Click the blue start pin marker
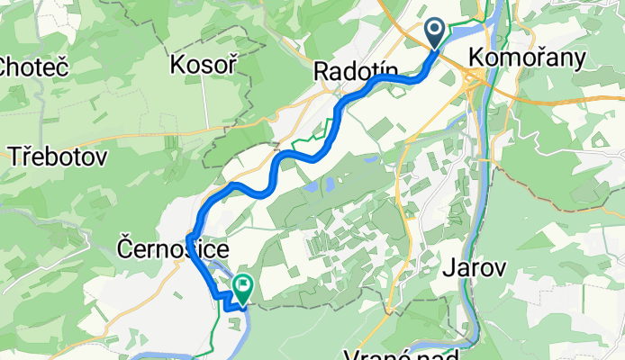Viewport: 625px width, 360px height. tap(434, 34)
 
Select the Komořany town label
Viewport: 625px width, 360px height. tap(527, 58)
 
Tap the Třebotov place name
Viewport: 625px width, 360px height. tap(59, 157)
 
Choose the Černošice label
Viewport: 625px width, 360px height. tap(174, 248)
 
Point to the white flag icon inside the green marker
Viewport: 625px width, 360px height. tap(243, 285)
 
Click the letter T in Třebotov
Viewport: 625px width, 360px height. tap(15, 157)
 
